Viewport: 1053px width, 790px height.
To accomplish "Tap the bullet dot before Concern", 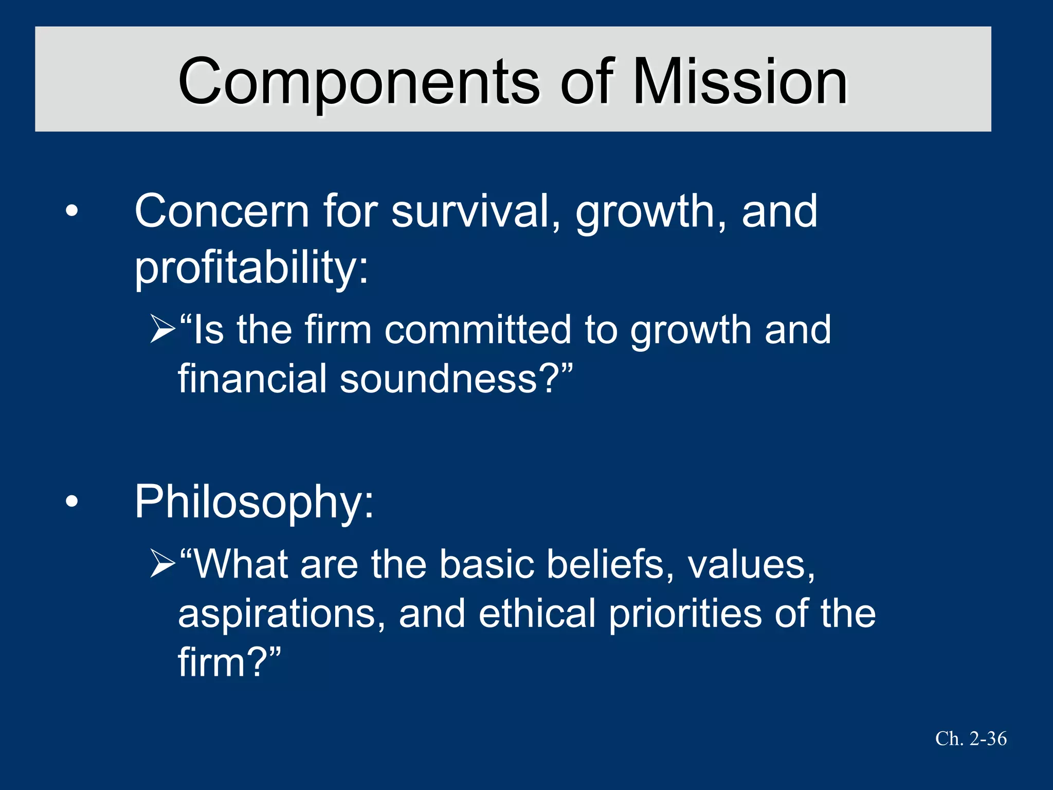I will click(x=72, y=211).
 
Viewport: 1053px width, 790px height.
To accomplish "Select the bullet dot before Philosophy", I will click(x=72, y=501).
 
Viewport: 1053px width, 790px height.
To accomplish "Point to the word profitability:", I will click(x=251, y=267).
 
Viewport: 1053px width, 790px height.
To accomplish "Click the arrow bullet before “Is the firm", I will click(x=163, y=330).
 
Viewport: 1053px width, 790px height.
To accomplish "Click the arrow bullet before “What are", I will click(x=163, y=564).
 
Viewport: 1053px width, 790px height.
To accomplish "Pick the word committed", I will click(x=478, y=330).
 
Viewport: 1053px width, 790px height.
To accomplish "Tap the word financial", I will click(x=252, y=379).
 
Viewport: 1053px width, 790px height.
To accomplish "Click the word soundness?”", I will click(x=456, y=379).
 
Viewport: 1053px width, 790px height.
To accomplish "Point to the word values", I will click(x=751, y=564).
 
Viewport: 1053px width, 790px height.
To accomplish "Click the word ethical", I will click(x=537, y=613).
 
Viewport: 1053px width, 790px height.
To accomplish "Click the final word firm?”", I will click(x=229, y=662).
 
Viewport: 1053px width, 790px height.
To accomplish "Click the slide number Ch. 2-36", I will click(x=971, y=739).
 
